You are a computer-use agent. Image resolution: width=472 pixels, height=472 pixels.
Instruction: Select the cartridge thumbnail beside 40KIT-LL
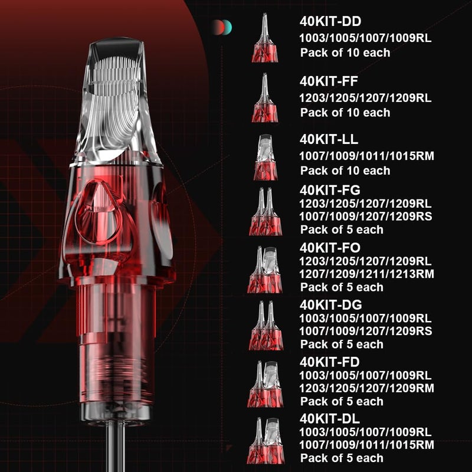[264, 157]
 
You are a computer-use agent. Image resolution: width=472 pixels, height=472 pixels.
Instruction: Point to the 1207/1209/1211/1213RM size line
[366, 274]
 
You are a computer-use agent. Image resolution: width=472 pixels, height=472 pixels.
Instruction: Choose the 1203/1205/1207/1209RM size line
[366, 388]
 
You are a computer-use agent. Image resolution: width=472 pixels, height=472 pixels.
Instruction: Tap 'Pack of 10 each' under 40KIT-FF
[345, 112]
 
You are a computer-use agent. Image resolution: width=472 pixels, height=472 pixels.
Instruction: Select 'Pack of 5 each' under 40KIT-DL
[342, 458]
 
